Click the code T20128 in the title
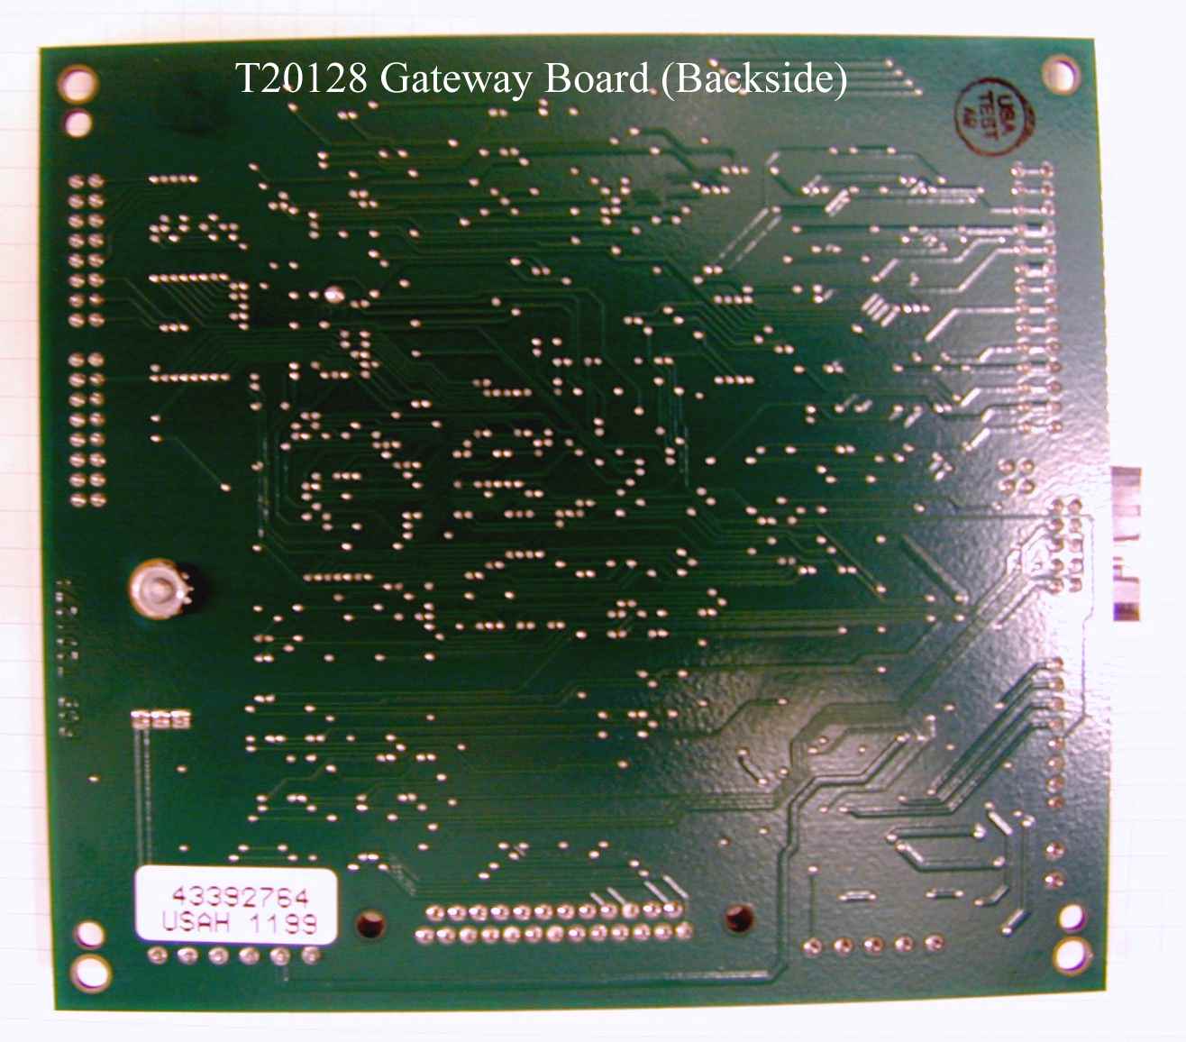301,78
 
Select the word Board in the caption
595,78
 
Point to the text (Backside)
753,79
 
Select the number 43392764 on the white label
240,896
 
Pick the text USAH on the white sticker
196,923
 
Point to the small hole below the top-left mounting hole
79,121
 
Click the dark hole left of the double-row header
369,923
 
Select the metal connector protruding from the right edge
1126,543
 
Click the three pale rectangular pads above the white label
161,719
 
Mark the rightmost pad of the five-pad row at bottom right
934,945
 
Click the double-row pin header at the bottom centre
552,923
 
